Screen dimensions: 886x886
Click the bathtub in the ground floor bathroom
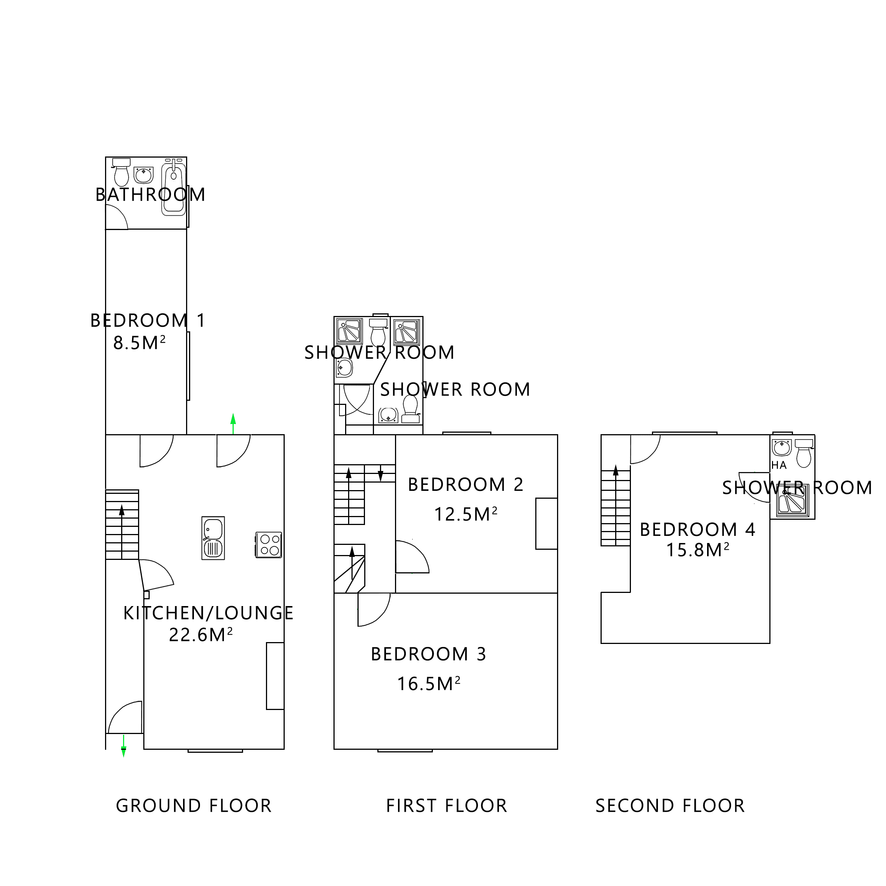[174, 189]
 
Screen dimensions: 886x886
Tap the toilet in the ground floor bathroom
[122, 173]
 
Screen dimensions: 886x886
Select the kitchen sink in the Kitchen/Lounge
[213, 538]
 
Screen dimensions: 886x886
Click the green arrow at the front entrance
[123, 746]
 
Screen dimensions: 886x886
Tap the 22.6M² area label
[201, 635]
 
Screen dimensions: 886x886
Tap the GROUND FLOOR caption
[194, 806]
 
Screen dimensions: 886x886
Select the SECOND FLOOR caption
[670, 806]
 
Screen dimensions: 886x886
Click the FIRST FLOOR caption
[447, 806]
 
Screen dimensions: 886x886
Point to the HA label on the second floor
[779, 465]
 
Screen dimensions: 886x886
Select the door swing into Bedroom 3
[372, 609]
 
